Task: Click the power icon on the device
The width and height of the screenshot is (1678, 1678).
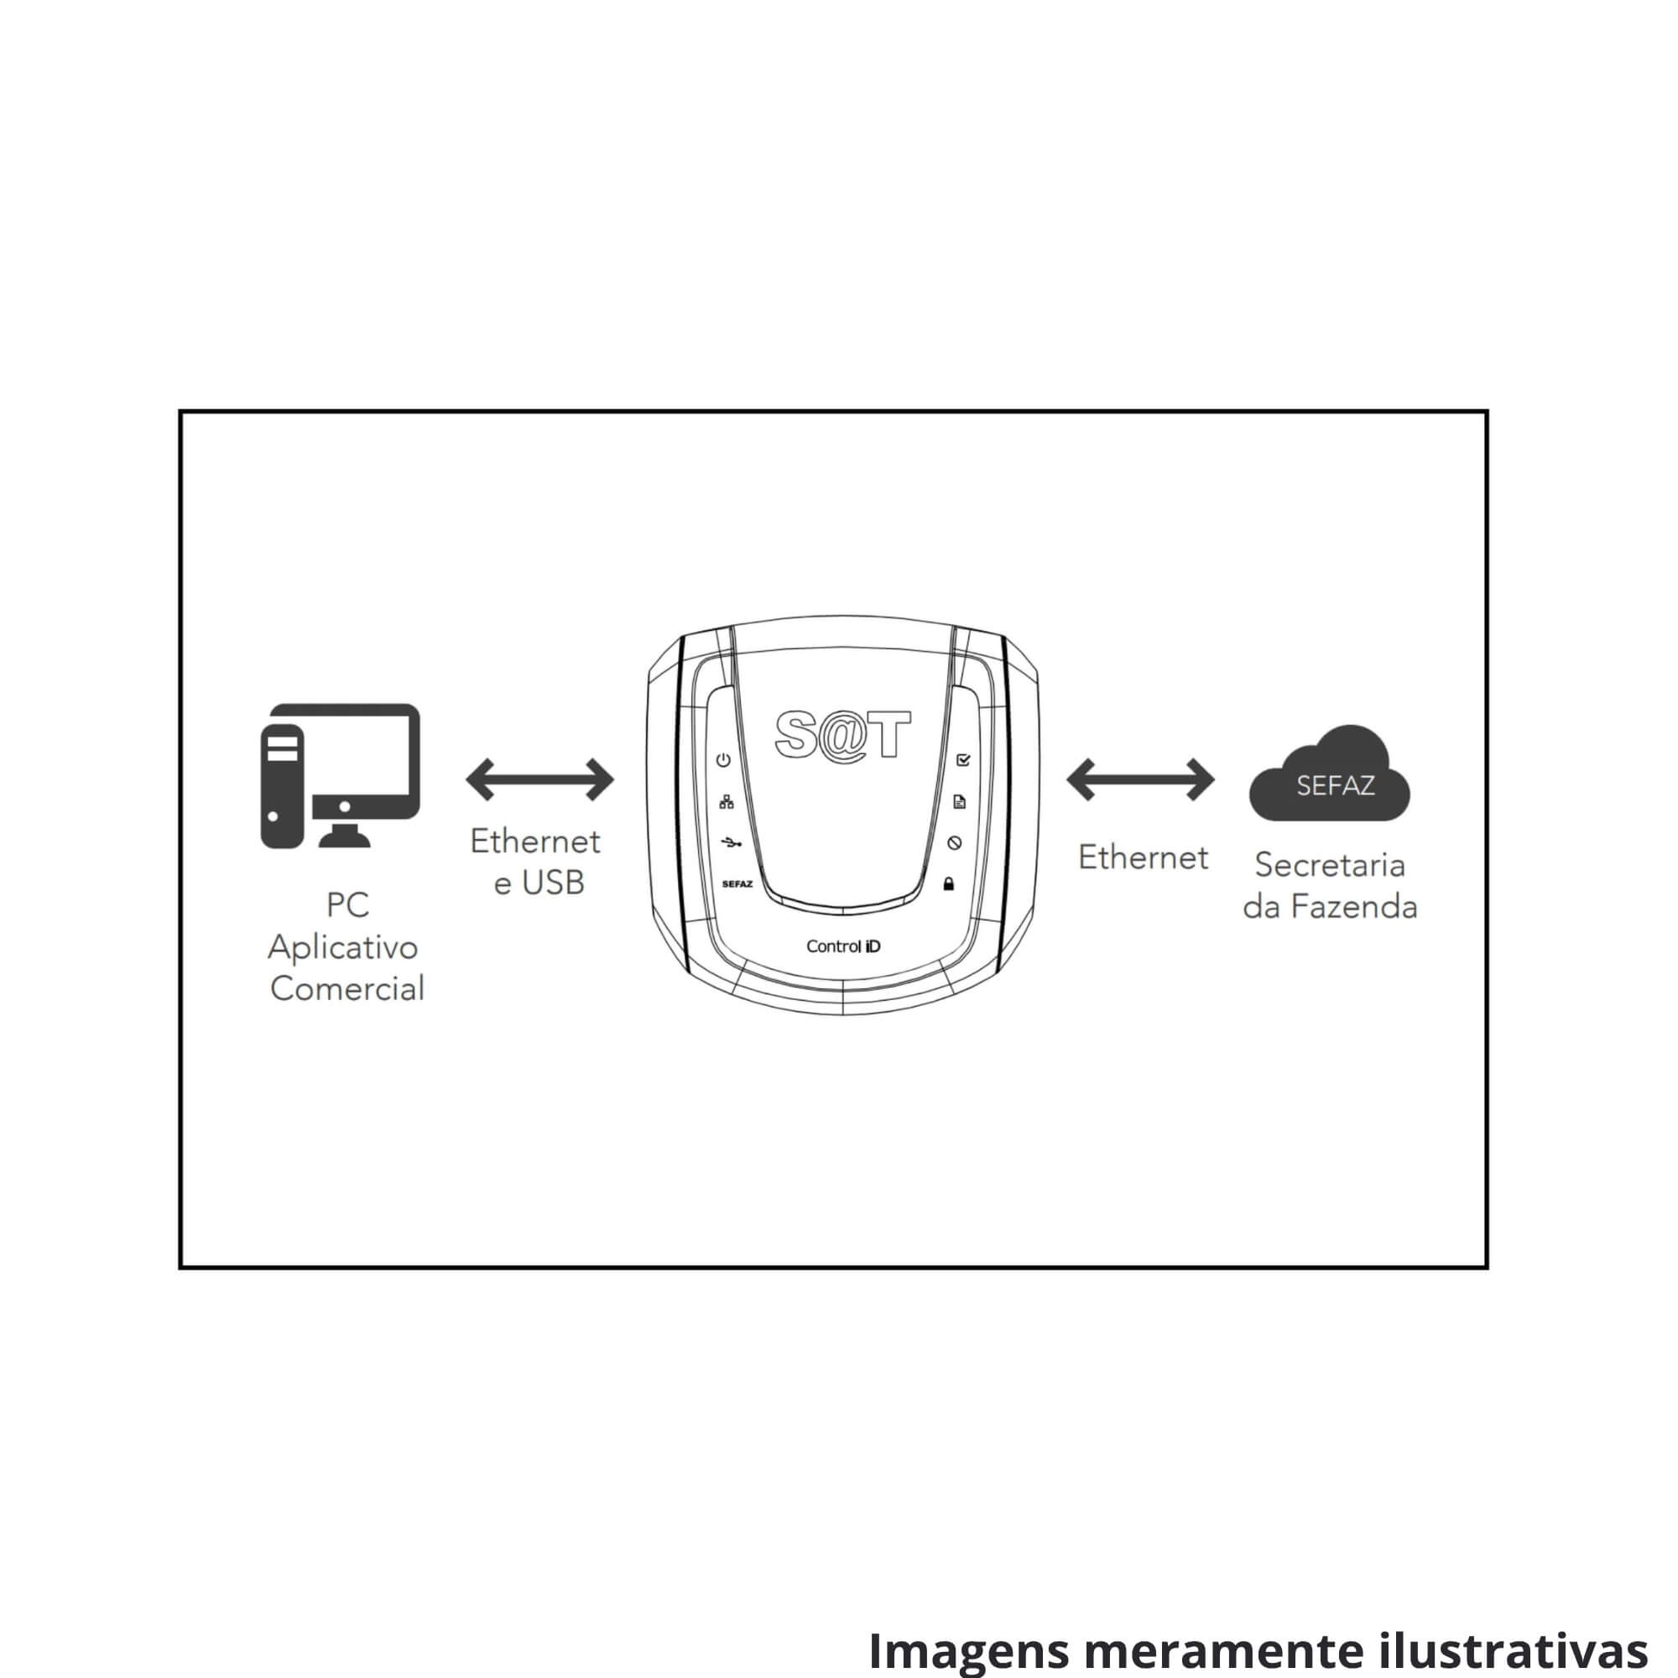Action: click(x=723, y=760)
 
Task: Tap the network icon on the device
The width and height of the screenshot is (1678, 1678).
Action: click(x=726, y=801)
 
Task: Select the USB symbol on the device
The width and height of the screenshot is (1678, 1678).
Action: click(x=732, y=842)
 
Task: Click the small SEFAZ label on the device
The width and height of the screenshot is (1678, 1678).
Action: click(x=737, y=884)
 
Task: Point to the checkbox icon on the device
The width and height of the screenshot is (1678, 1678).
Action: click(x=962, y=760)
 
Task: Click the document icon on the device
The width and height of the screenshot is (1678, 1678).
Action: click(x=959, y=801)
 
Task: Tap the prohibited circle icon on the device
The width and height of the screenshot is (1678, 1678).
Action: click(x=955, y=842)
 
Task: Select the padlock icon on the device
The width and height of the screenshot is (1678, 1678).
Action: click(x=948, y=884)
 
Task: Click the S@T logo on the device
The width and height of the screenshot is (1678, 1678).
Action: click(x=842, y=735)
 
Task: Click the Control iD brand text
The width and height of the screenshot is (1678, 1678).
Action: click(x=843, y=946)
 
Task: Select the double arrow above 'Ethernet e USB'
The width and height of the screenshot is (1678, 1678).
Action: click(x=539, y=779)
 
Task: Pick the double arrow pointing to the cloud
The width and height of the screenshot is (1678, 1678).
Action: click(x=1140, y=779)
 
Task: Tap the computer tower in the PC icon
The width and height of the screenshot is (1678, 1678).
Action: click(x=282, y=787)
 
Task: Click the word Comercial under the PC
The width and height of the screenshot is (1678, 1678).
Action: click(x=347, y=988)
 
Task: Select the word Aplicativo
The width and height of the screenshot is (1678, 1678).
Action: click(x=343, y=947)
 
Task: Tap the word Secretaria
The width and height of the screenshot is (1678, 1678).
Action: click(x=1330, y=865)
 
